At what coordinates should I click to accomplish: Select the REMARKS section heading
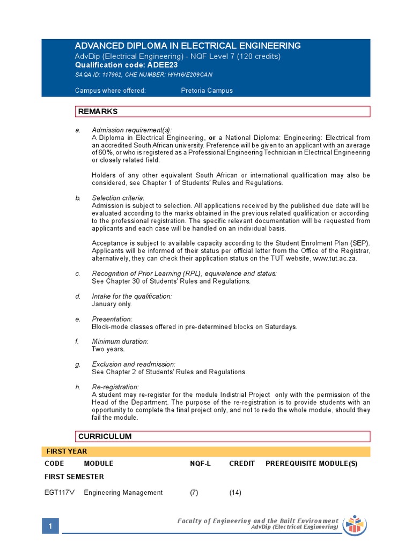point(98,112)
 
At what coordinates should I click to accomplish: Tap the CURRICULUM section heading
point(105,436)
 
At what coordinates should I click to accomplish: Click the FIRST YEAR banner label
point(67,451)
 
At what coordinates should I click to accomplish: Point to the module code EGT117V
point(58,493)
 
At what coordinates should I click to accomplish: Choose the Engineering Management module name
point(123,493)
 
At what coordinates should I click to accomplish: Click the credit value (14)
point(235,493)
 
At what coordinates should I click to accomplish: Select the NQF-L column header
point(200,464)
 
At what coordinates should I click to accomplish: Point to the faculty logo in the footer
point(354,524)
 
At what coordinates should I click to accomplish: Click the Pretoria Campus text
point(207,91)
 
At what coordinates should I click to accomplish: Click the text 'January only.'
point(112,304)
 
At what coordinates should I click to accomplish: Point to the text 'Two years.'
point(108,349)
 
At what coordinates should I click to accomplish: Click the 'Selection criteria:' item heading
point(118,198)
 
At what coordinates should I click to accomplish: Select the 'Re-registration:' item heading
point(115,387)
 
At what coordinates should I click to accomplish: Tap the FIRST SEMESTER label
point(74,477)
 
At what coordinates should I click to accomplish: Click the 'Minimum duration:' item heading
point(120,342)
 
